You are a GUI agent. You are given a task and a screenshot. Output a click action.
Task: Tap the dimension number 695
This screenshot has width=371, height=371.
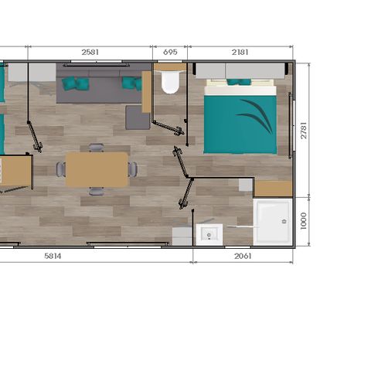[x=171, y=52]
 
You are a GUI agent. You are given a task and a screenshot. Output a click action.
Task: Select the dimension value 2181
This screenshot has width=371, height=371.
[x=240, y=52]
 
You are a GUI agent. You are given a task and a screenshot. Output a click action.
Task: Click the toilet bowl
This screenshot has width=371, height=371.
[x=170, y=83]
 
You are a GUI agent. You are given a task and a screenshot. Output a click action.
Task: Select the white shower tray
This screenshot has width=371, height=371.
[x=274, y=221]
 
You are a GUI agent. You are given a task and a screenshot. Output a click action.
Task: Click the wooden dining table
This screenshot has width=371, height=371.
[x=97, y=169]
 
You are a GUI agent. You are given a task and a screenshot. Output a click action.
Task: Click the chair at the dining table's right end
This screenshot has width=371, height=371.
[x=133, y=168]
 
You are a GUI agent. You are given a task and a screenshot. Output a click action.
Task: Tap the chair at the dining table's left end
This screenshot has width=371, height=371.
[x=61, y=168]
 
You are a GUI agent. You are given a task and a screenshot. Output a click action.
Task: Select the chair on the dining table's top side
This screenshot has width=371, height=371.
[x=96, y=147]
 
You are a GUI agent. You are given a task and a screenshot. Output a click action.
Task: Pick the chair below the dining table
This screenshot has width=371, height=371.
[x=96, y=191]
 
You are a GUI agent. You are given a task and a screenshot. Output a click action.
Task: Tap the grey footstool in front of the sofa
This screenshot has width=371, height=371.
[x=138, y=117]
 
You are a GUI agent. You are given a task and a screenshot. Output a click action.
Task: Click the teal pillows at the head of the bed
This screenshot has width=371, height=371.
[x=240, y=82]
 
